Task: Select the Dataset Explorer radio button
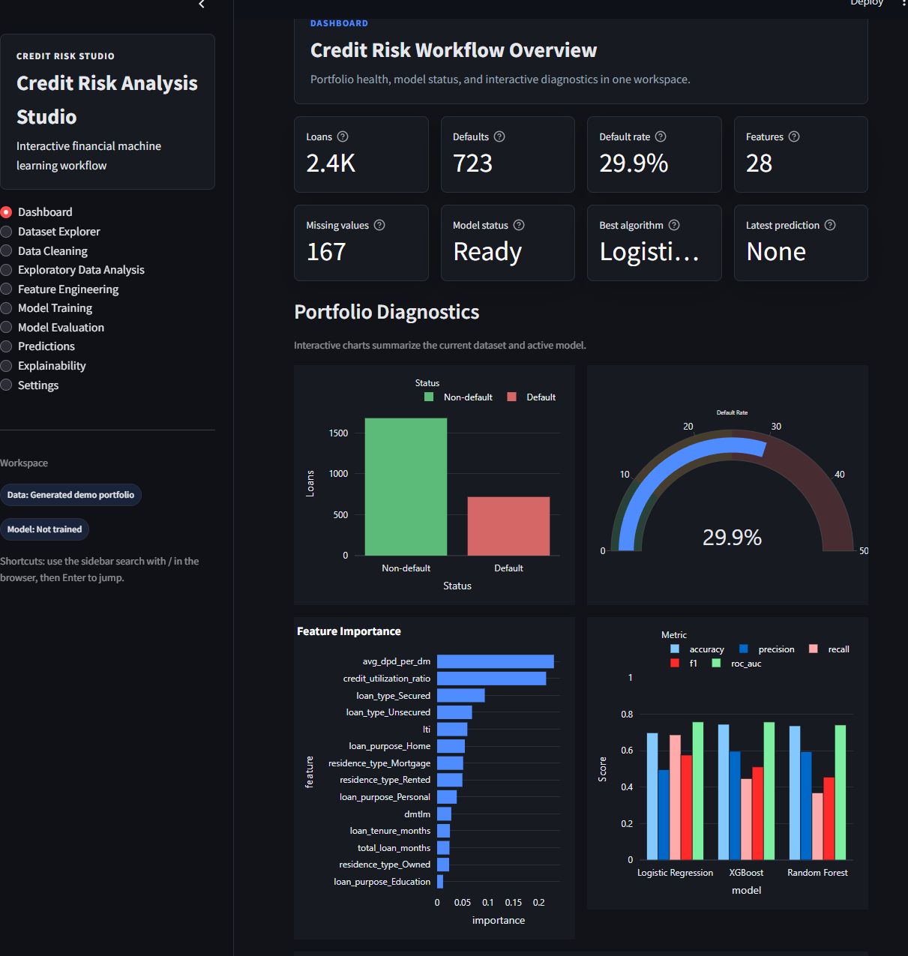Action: pyautogui.click(x=6, y=232)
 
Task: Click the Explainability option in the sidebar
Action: pyautogui.click(x=52, y=366)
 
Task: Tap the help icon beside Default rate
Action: pyautogui.click(x=661, y=136)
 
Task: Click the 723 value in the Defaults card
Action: pyautogui.click(x=472, y=163)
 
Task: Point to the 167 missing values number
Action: pyautogui.click(x=326, y=252)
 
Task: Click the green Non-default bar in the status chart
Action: pyautogui.click(x=406, y=487)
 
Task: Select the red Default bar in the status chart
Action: pyautogui.click(x=508, y=526)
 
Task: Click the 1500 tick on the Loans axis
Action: pyautogui.click(x=338, y=433)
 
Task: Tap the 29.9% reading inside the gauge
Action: pyautogui.click(x=732, y=538)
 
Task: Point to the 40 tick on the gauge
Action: pyautogui.click(x=840, y=474)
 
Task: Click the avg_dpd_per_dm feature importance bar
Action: pyautogui.click(x=495, y=661)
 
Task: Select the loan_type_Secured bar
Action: pyautogui.click(x=460, y=695)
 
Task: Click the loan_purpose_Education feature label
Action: pyautogui.click(x=382, y=882)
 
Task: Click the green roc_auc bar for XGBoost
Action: pyautogui.click(x=769, y=791)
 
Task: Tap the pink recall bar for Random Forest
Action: pyautogui.click(x=817, y=826)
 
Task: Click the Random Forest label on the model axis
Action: pyautogui.click(x=817, y=872)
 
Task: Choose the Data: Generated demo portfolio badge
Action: pyautogui.click(x=70, y=495)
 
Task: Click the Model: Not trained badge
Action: pyautogui.click(x=44, y=529)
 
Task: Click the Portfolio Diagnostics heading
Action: pyautogui.click(x=387, y=312)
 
